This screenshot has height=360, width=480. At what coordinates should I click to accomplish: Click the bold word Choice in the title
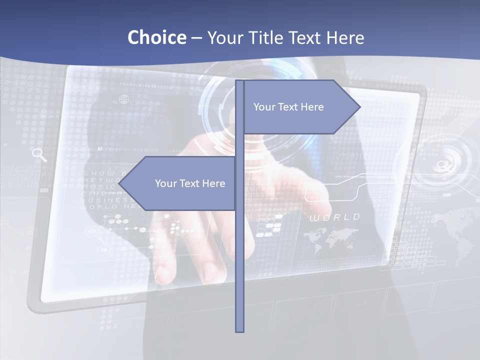(156, 37)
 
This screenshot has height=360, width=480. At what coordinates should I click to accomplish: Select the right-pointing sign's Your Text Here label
(288, 107)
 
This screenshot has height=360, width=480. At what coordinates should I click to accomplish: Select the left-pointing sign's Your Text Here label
(190, 183)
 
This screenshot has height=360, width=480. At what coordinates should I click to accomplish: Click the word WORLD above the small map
(334, 217)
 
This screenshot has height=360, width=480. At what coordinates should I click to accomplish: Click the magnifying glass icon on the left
(39, 154)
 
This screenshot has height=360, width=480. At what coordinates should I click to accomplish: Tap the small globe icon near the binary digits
(123, 99)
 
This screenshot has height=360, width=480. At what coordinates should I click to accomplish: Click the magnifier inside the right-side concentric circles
(442, 164)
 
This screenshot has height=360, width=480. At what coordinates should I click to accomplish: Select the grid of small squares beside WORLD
(268, 225)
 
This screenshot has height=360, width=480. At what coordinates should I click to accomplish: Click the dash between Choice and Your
(196, 38)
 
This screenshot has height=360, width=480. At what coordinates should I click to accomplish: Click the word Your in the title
(225, 37)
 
